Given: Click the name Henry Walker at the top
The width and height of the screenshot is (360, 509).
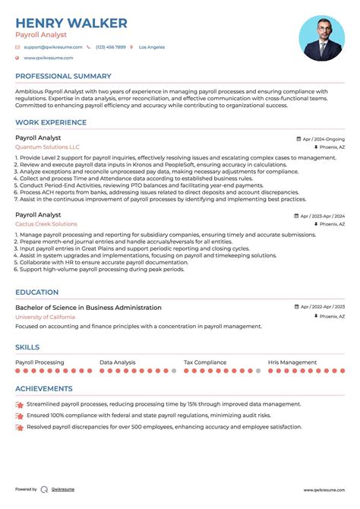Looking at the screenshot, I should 71,24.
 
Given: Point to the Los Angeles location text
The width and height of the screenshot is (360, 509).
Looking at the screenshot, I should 152,47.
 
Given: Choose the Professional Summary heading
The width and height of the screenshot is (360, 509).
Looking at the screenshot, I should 63,77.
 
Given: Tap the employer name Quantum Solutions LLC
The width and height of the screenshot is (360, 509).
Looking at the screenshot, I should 47,147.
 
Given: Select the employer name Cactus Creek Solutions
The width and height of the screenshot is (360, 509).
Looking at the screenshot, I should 46,224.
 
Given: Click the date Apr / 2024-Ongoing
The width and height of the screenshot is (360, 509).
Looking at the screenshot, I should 323,140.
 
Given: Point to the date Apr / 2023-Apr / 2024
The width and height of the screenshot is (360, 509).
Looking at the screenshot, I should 320,216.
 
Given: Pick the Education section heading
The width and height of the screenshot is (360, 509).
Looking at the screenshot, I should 36,292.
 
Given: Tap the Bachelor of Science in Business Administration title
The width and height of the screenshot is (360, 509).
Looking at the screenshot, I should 88,308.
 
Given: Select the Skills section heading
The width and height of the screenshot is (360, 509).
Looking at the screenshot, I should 27,347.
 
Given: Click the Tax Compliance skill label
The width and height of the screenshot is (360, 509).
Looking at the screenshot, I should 205,363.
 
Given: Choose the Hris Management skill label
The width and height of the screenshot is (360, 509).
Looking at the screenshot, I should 292,363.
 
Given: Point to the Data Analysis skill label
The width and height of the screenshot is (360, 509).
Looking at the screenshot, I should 118,363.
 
